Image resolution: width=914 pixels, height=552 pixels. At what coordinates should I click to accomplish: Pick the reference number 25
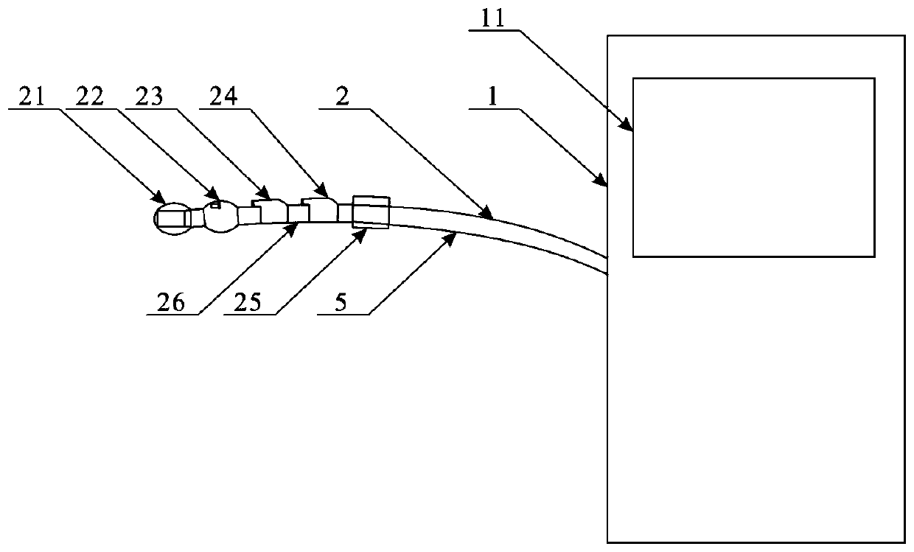247,303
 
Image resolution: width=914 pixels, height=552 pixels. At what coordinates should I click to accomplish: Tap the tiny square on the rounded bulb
214,206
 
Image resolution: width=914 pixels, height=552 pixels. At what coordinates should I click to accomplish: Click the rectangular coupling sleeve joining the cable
371,212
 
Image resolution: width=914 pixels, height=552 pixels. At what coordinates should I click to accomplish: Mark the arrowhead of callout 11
630,127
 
